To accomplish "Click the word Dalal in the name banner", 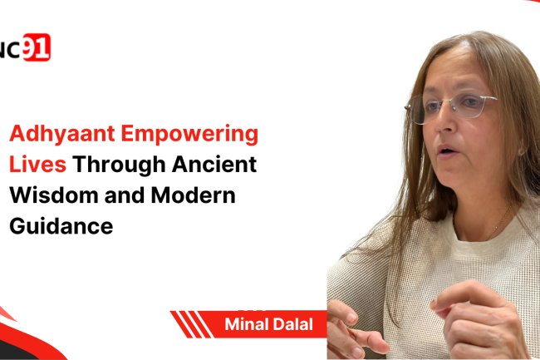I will pyautogui.click(x=293, y=324).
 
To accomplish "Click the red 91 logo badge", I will pyautogui.click(x=37, y=49).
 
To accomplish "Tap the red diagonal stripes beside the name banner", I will pyautogui.click(x=193, y=324).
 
